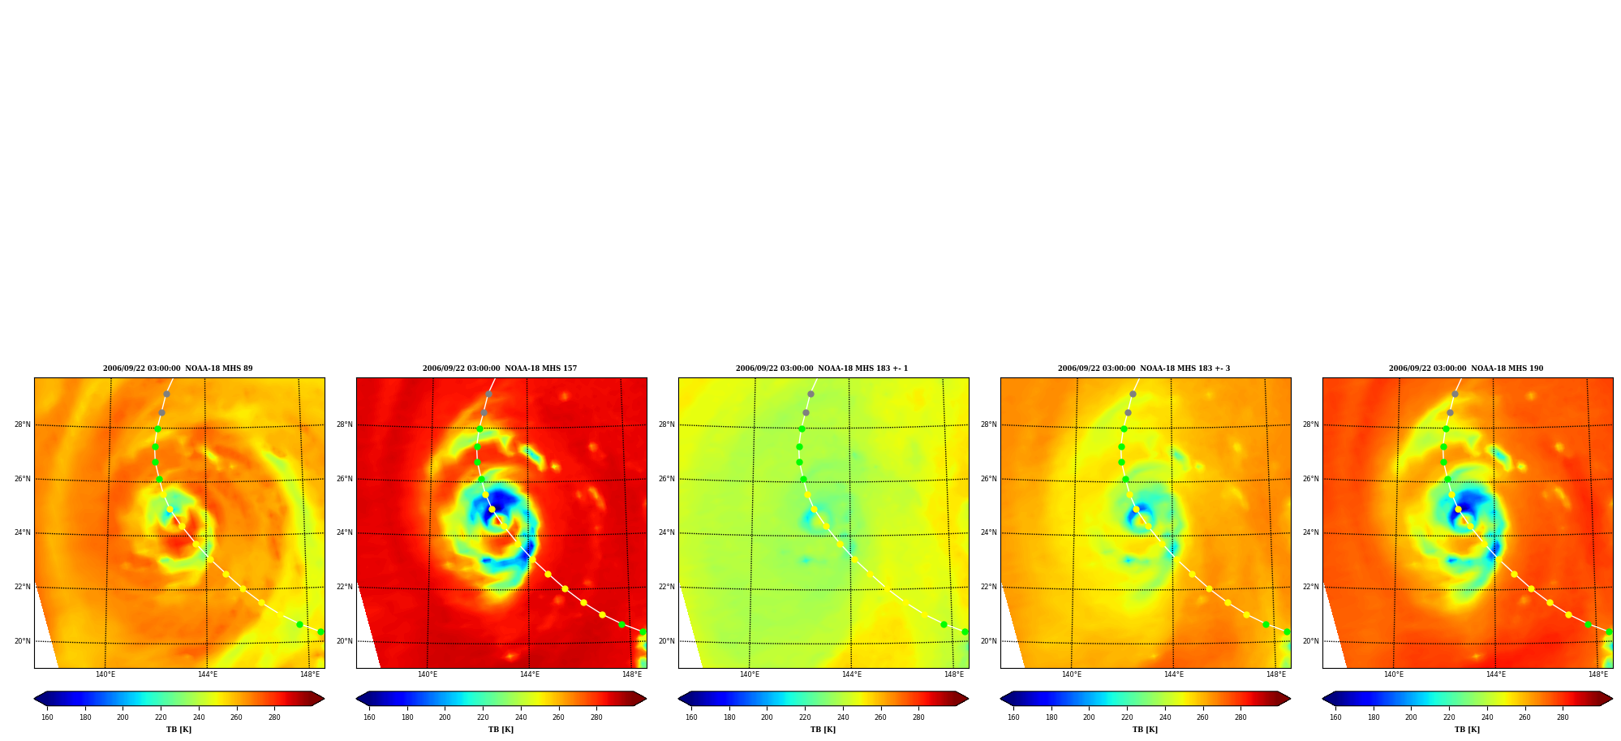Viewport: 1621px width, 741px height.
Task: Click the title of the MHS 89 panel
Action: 178,368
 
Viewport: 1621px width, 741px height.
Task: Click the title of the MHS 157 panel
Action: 500,368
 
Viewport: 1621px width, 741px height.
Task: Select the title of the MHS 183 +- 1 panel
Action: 822,368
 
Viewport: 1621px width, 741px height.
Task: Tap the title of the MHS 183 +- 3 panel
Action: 1144,368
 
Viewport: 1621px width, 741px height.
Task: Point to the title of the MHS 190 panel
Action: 1466,368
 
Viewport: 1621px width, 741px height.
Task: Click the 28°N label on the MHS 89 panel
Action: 22,424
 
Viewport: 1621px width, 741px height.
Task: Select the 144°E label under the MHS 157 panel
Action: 530,674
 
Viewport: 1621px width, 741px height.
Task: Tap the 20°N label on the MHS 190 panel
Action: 1310,641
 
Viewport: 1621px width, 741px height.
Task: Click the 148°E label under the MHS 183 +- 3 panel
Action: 1276,674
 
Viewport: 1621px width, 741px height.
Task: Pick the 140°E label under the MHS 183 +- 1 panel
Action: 750,674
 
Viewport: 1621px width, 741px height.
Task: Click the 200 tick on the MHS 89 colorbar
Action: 123,717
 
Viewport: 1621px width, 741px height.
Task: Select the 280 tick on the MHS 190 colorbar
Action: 1563,717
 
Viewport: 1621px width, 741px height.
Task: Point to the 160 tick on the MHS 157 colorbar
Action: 369,717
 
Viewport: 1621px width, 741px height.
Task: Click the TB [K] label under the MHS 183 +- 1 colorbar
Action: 823,730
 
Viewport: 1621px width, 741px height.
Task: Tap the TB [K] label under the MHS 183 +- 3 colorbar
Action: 1145,730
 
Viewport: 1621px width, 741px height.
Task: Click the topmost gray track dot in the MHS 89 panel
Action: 166,394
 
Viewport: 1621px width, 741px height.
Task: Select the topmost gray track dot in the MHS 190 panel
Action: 1455,394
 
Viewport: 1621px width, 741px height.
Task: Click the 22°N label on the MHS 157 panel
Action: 344,587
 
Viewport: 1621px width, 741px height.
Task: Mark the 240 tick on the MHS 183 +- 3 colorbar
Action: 1165,717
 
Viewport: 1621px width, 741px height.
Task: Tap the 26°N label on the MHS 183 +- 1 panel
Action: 666,479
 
